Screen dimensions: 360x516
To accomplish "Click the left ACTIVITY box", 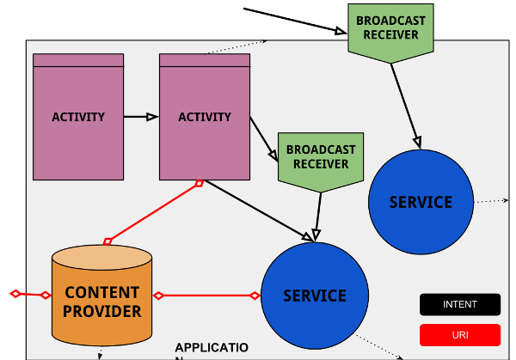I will (x=78, y=117).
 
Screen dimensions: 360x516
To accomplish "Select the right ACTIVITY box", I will (x=205, y=117).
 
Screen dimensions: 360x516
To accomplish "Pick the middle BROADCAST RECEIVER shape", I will (x=321, y=158).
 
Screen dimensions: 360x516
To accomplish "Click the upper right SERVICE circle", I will (x=421, y=202).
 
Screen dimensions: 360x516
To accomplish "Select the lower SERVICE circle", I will (x=314, y=296).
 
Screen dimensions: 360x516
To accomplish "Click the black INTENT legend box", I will (x=460, y=304).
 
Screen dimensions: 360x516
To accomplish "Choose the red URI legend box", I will (x=460, y=335).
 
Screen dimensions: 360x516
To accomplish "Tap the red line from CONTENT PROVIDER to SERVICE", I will (x=206, y=296).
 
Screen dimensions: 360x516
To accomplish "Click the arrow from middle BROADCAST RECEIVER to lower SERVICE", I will (x=318, y=216).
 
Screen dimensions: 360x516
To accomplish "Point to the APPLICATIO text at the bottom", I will (x=212, y=347).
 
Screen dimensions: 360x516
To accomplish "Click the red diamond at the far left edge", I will (x=15, y=295).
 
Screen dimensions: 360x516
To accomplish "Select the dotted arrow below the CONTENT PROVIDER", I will (x=101, y=352).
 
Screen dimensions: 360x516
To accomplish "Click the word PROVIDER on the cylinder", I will (x=101, y=311).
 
